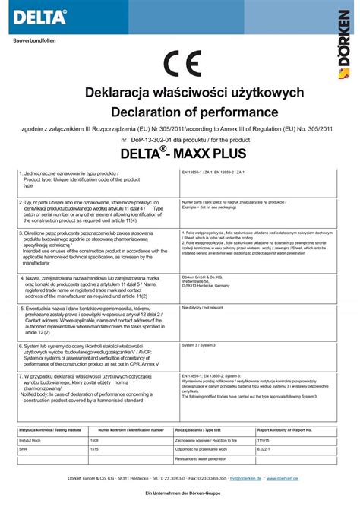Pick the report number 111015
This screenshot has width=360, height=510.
(x=264, y=440)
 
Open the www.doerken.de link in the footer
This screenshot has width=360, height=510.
(x=282, y=478)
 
